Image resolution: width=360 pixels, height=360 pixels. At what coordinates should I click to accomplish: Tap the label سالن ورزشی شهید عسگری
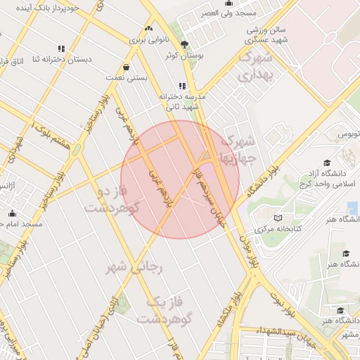pyautogui.click(x=267, y=35)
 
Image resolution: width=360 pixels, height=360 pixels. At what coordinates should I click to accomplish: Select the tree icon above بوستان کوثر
pyautogui.click(x=184, y=44)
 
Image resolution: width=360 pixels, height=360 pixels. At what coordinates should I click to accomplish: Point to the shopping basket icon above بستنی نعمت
pyautogui.click(x=126, y=67)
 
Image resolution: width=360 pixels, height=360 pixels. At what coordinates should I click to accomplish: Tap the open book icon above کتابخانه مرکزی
pyautogui.click(x=278, y=218)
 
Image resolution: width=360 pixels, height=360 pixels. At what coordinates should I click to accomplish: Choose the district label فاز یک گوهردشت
pyautogui.click(x=165, y=310)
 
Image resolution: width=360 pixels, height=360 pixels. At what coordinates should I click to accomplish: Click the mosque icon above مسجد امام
pyautogui.click(x=12, y=214)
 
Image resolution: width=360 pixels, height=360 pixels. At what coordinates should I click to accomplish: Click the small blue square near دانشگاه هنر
pyautogui.click(x=352, y=209)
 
